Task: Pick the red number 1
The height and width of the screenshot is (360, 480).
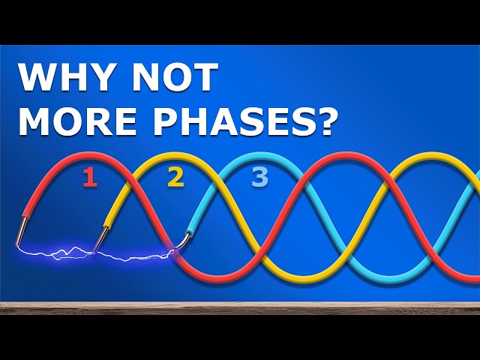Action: [89, 178]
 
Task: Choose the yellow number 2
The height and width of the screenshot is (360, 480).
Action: [175, 178]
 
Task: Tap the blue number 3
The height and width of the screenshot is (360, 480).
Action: [259, 178]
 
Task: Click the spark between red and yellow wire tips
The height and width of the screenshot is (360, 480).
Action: [60, 253]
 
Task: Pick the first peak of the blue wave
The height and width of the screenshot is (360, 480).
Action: [259, 155]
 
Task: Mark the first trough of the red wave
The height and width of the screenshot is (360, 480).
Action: [217, 278]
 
